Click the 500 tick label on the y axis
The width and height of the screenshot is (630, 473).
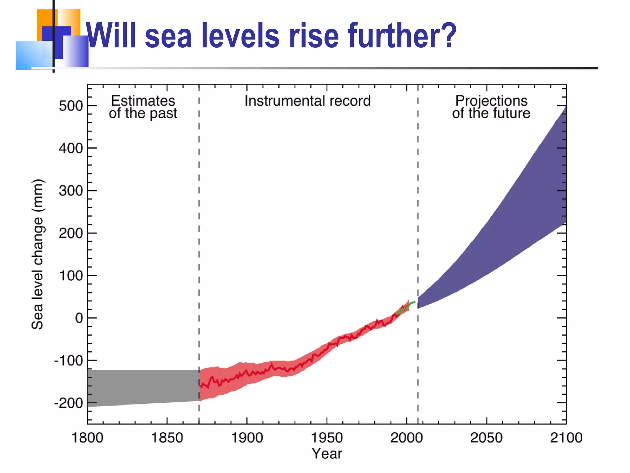tap(71, 106)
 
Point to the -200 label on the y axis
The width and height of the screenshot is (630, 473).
tap(69, 403)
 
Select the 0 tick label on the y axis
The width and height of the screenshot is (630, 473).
tap(79, 318)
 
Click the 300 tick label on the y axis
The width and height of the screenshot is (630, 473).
tap(71, 191)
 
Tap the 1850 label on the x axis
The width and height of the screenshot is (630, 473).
tap(167, 438)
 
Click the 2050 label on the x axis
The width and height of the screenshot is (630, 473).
tap(486, 438)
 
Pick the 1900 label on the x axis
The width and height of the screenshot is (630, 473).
tap(247, 438)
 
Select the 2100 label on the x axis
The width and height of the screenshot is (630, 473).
tap(566, 438)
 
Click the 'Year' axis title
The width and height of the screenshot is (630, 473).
tap(327, 454)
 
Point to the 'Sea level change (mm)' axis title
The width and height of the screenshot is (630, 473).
tap(38, 254)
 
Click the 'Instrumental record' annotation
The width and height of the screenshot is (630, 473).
tap(308, 101)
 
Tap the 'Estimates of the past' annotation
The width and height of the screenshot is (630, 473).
tap(143, 107)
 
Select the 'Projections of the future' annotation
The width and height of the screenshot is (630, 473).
tap(491, 107)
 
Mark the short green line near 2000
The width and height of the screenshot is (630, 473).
tap(405, 308)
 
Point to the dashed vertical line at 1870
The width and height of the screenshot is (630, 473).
tap(199, 216)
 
